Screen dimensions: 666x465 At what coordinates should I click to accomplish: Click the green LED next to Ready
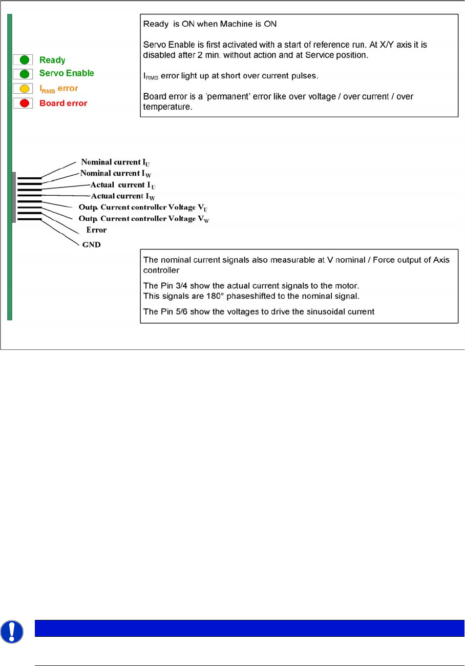point(24,60)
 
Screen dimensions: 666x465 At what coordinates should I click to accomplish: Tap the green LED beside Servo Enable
point(24,73)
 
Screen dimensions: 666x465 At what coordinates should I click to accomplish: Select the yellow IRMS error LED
point(24,88)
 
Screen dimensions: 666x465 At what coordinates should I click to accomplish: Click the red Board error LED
point(24,103)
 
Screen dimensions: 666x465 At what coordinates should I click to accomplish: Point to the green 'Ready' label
point(52,60)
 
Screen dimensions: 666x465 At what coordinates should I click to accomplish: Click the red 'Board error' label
point(63,103)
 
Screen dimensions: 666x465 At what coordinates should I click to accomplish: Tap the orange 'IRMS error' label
point(58,89)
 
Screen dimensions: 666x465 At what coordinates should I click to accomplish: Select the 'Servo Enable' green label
point(67,73)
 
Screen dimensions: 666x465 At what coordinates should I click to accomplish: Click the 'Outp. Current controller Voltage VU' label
point(143,207)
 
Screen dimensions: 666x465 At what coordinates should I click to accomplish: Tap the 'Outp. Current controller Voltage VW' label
point(144,219)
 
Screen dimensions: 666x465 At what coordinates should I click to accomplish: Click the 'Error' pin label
point(96,230)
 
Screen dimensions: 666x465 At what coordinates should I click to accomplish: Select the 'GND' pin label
point(92,244)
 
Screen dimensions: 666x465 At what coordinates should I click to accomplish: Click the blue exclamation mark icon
point(12,632)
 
